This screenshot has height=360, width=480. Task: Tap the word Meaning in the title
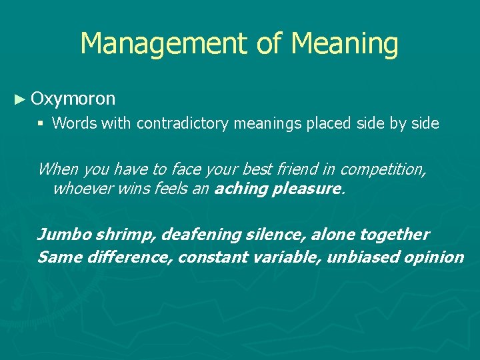coord(345,44)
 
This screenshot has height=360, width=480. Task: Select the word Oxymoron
coord(73,99)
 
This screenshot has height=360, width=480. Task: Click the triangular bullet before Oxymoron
coord(21,100)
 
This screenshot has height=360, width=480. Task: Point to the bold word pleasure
coord(307,189)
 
